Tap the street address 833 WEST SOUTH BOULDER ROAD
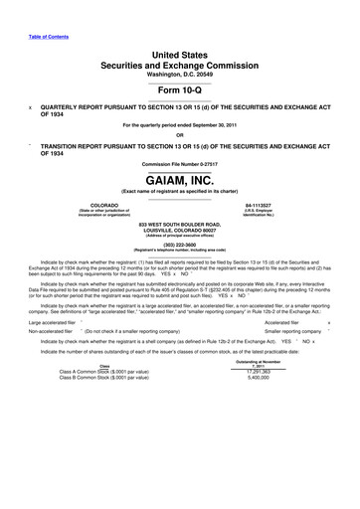tap(180, 227)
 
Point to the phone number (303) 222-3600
tap(180, 244)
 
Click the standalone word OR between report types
tap(180, 136)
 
